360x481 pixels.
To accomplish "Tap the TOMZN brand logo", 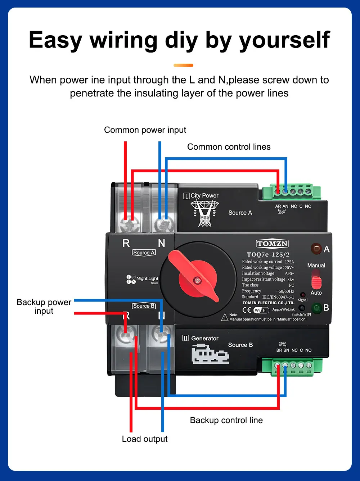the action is [x=273, y=244].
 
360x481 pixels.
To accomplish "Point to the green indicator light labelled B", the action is [x=316, y=308].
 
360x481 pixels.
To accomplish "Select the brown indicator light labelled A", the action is [x=316, y=248].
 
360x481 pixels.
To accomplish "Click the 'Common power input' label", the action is [x=145, y=130].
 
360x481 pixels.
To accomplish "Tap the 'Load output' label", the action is [x=145, y=439].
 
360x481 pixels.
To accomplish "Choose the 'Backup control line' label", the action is [x=226, y=420].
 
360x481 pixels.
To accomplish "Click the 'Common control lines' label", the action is [x=229, y=147].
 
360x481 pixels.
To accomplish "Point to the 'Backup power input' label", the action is [x=44, y=307].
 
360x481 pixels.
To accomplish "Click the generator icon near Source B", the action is [x=210, y=354].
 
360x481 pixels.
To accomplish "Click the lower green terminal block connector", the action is [x=292, y=367].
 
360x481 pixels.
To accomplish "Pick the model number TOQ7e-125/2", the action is [x=268, y=254].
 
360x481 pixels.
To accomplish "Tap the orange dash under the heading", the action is [x=183, y=65].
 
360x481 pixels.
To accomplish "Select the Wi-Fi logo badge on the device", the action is [x=261, y=310].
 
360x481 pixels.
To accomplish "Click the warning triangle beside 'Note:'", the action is [x=225, y=318].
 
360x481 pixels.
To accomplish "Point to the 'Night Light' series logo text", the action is [x=147, y=278].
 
